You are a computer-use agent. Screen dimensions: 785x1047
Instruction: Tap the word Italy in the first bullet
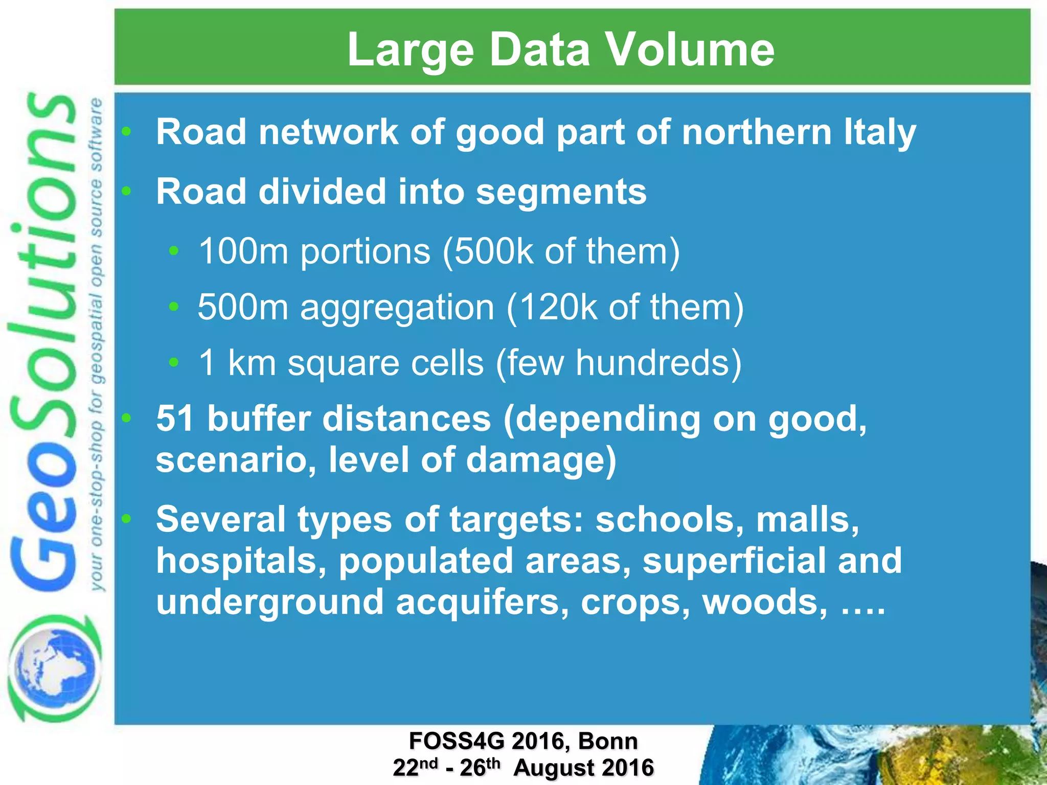point(879,132)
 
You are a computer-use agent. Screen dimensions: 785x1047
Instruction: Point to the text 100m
point(243,251)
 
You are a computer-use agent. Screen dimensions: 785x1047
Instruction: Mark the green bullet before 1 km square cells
point(174,362)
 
